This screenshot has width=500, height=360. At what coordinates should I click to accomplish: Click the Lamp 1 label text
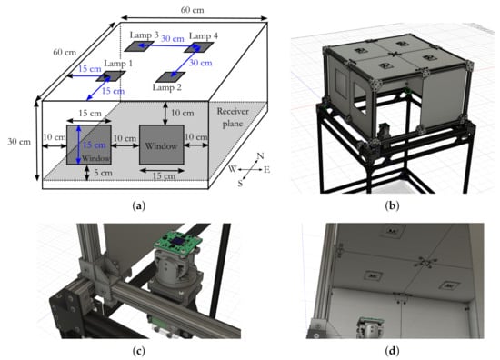pos(118,64)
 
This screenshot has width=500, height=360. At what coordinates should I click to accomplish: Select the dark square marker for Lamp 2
pos(170,77)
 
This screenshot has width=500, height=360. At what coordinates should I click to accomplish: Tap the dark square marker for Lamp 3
pos(139,46)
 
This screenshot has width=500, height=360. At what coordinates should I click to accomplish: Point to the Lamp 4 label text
pos(204,35)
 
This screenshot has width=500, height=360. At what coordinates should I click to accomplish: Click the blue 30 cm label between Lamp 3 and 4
pos(173,39)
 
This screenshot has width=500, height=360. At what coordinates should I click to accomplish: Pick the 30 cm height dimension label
pos(19,141)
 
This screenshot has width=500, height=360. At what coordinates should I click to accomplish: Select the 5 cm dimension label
pos(103,173)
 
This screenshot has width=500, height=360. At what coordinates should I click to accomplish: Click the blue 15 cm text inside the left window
pos(94,145)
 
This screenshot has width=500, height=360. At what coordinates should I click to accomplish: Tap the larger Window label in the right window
pos(161,146)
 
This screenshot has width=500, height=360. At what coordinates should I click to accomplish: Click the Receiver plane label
pos(233,117)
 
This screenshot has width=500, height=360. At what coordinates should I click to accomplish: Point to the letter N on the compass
pos(260,156)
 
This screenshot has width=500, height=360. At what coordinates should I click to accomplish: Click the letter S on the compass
pos(240,184)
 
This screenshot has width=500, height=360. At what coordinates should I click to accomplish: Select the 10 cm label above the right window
pos(182,113)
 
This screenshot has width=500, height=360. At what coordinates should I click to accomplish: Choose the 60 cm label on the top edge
pos(193,10)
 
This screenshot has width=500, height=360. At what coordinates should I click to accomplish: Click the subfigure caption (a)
pos(139,205)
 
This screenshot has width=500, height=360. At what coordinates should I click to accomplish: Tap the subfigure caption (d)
pos(392,351)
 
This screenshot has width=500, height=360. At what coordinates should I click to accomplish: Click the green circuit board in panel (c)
pos(178,243)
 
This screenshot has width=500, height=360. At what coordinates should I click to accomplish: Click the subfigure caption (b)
pos(392,205)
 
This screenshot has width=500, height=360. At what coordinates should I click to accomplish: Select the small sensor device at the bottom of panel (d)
pos(371,327)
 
